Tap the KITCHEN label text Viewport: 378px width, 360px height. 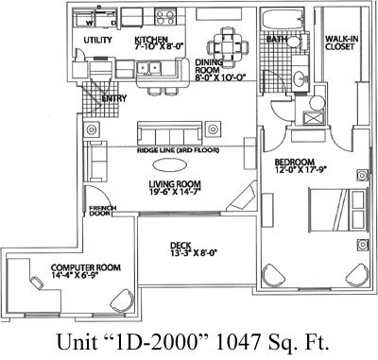tap(152, 41)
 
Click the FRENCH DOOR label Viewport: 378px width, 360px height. tap(101, 214)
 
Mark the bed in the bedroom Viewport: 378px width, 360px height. tap(335, 209)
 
